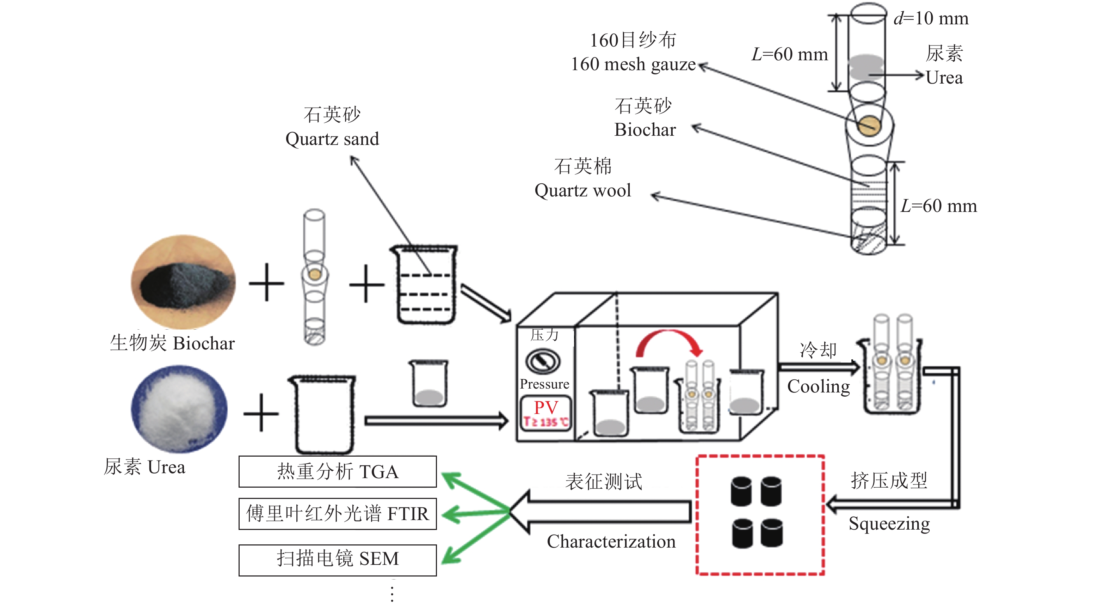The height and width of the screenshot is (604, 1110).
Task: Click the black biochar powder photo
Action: pyautogui.click(x=183, y=282)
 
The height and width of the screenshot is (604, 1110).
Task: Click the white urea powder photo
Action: pyautogui.click(x=179, y=409)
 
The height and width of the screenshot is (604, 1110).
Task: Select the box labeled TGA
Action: pyautogui.click(x=337, y=472)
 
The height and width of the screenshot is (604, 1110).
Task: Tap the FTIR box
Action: pyautogui.click(x=337, y=513)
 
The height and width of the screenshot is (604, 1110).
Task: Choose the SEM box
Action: pyautogui.click(x=337, y=560)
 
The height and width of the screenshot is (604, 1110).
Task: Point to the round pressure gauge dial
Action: pyautogui.click(x=543, y=361)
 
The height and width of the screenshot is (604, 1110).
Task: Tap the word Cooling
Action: pyautogui.click(x=818, y=387)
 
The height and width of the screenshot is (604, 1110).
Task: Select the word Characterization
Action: pyautogui.click(x=611, y=542)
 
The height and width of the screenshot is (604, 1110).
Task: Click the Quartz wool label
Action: pyautogui.click(x=582, y=190)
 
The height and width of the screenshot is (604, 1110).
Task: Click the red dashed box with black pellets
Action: pyautogui.click(x=760, y=515)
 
